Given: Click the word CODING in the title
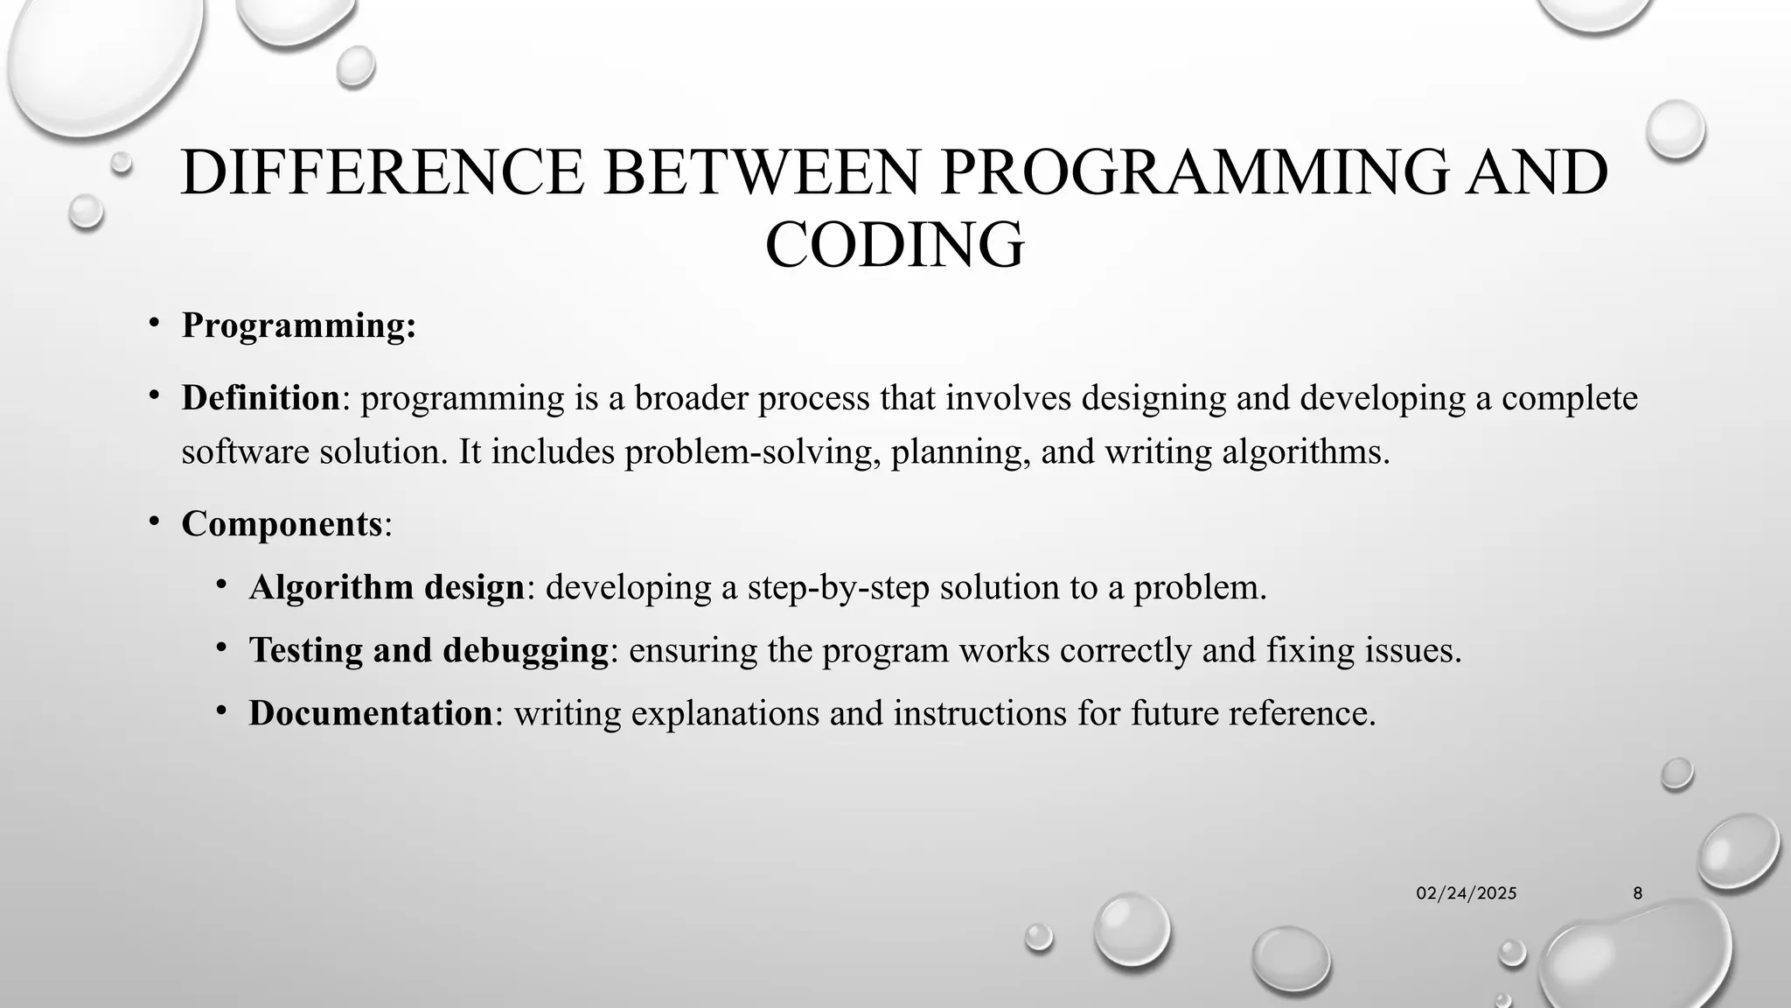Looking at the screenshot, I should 895,244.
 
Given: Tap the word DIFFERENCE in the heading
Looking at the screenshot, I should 382,172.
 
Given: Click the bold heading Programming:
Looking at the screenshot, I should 299,325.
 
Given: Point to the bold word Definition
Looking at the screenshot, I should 261,398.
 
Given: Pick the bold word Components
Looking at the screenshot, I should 282,524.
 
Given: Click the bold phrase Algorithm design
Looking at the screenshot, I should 387,587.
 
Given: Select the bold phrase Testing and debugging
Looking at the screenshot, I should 429,650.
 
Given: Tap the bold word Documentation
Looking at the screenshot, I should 371,713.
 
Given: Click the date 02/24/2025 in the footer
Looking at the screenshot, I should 1467,893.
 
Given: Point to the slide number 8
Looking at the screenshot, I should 1638,893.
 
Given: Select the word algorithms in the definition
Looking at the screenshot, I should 1301,452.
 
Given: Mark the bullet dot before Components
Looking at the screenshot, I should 154,522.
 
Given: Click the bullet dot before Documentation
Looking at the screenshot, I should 222,711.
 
